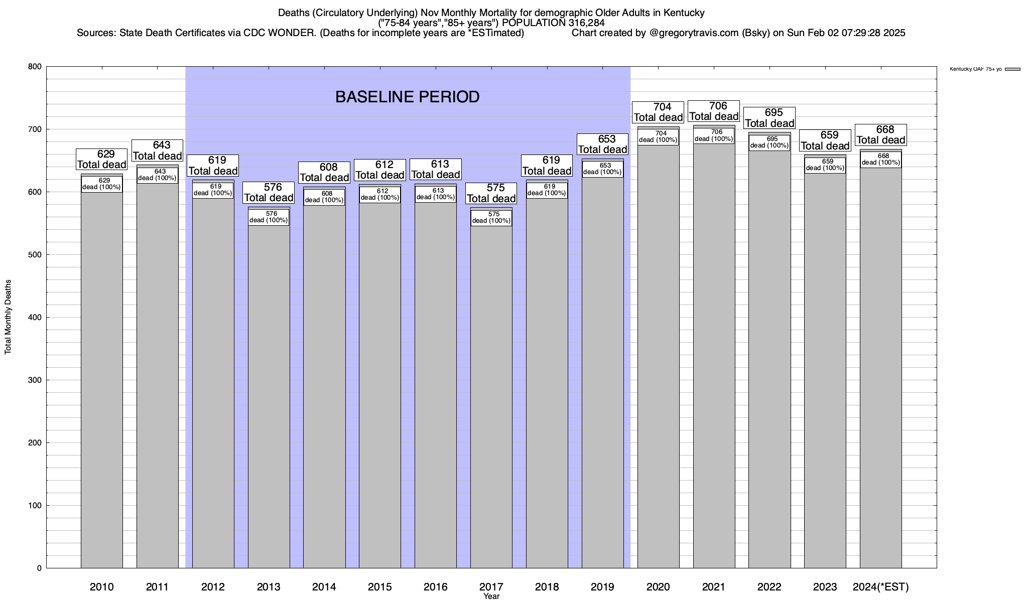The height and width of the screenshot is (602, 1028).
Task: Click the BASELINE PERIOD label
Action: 407,97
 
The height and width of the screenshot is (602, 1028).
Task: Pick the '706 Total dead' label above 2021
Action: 713,111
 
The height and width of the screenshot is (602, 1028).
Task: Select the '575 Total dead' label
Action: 491,193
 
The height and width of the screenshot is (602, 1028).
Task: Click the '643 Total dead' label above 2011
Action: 157,150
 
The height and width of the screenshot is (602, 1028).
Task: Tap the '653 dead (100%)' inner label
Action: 602,169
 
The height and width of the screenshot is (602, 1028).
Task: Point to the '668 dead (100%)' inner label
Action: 880,159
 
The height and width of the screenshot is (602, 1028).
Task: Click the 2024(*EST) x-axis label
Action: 880,587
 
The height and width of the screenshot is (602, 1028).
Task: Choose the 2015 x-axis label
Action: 380,587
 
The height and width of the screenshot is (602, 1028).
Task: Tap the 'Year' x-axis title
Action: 491,596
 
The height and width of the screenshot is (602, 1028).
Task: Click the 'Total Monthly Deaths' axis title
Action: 8,317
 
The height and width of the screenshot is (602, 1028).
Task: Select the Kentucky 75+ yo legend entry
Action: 984,69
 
